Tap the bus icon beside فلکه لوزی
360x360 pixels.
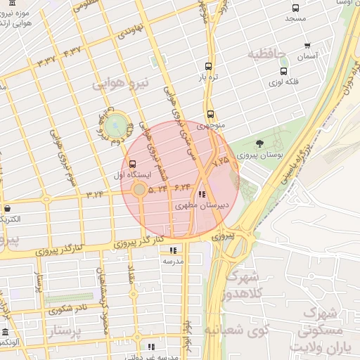click(283, 71)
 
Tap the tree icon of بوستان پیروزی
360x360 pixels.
click(260, 143)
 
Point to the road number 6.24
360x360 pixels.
click(182, 187)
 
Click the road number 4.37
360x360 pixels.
click(72, 51)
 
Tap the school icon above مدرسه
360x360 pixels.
click(173, 250)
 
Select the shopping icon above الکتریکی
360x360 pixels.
click(7, 208)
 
